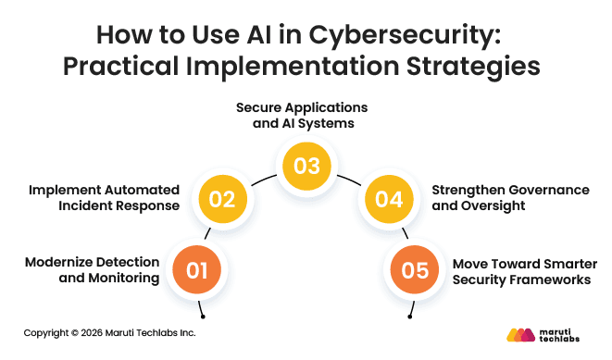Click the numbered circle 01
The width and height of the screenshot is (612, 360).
tap(197, 271)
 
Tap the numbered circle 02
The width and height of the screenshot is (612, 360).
tap(223, 198)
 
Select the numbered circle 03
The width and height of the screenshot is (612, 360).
tap(306, 166)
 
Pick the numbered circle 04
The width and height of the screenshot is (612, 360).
tap(388, 198)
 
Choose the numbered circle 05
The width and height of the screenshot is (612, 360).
tap(414, 271)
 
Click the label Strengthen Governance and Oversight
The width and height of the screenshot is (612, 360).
tap(509, 198)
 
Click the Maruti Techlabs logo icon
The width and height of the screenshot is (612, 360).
tap(520, 334)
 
